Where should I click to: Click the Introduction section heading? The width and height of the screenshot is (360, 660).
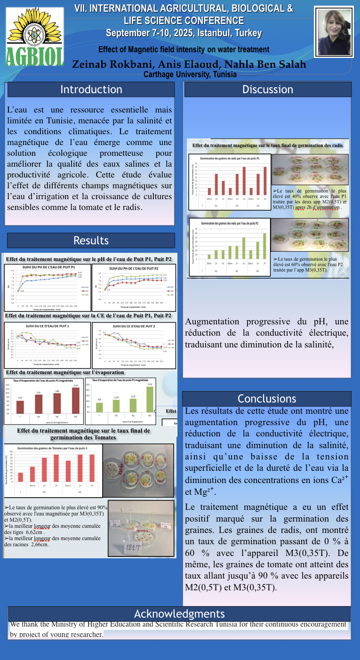[x=91, y=89]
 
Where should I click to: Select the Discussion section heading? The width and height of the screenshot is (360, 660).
[x=267, y=89]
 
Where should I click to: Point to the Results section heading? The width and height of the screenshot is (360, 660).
[x=91, y=241]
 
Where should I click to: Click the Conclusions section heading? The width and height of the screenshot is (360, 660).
[x=266, y=399]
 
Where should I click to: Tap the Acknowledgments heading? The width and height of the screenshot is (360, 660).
[x=179, y=614]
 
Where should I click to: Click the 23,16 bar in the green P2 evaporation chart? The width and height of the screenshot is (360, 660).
[x=149, y=398]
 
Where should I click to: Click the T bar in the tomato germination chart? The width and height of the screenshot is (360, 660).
[x=21, y=477]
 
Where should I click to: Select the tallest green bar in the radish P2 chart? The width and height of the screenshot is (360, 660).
[x=264, y=246]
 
